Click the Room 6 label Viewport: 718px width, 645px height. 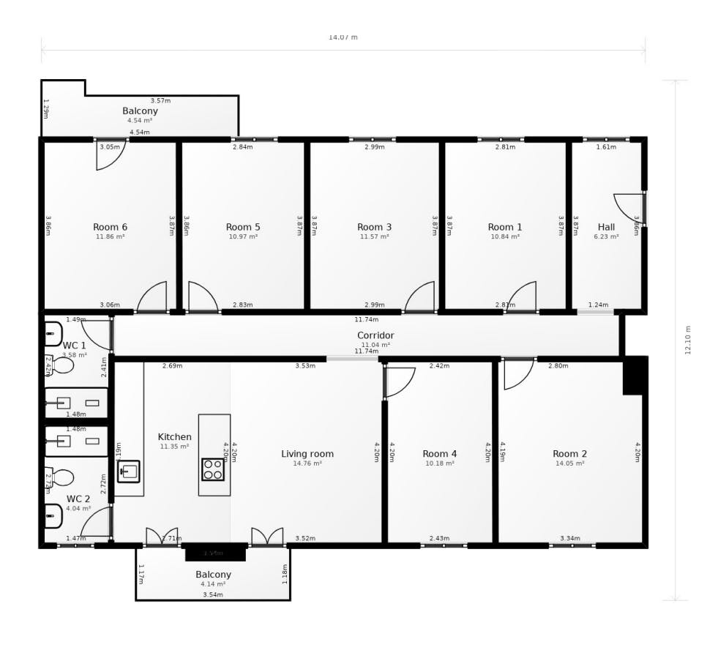110,227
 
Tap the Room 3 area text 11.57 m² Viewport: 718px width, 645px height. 374,237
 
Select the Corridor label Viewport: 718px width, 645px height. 375,335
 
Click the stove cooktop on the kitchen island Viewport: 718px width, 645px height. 213,469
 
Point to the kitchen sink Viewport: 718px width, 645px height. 129,471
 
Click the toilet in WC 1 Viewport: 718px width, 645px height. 61,365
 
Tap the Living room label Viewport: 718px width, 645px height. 307,454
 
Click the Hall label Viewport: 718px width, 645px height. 606,227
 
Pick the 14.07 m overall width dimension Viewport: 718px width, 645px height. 343,37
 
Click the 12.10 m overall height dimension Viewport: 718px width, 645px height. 688,340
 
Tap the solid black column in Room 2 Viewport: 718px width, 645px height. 633,376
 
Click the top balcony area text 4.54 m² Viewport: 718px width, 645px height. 139,121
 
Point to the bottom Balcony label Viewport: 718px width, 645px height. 213,575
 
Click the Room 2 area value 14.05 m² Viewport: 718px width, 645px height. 569,463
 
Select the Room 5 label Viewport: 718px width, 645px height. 243,227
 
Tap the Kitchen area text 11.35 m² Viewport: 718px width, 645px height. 174,447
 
